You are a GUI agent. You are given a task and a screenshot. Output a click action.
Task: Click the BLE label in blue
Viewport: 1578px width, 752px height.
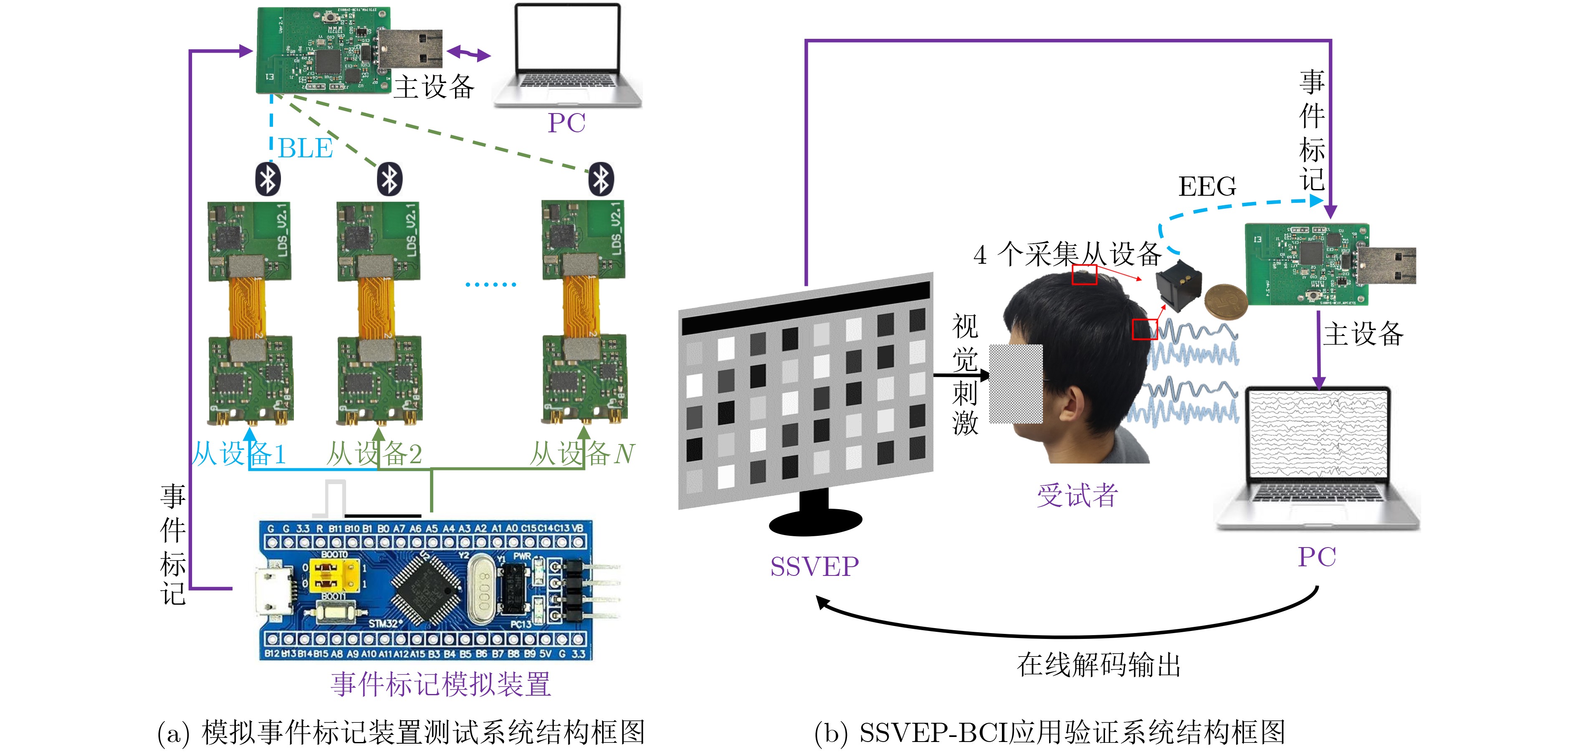(x=305, y=148)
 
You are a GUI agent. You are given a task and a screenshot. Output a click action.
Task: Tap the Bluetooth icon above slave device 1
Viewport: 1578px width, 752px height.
(x=268, y=179)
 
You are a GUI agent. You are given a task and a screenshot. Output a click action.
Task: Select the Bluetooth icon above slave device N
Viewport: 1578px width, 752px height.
(x=601, y=179)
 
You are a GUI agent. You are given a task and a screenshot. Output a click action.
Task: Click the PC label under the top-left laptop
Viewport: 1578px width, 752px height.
(x=566, y=123)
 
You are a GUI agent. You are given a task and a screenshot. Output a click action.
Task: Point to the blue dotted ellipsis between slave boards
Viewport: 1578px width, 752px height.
(x=491, y=284)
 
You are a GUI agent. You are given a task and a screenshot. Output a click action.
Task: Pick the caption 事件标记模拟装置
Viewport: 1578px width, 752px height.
(x=441, y=684)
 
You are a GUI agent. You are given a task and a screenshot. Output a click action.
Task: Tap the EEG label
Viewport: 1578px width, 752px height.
(x=1207, y=186)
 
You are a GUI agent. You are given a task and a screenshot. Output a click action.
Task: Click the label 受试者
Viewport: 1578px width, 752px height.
(x=1077, y=495)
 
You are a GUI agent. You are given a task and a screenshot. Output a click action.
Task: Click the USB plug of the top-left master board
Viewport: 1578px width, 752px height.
(x=410, y=48)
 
